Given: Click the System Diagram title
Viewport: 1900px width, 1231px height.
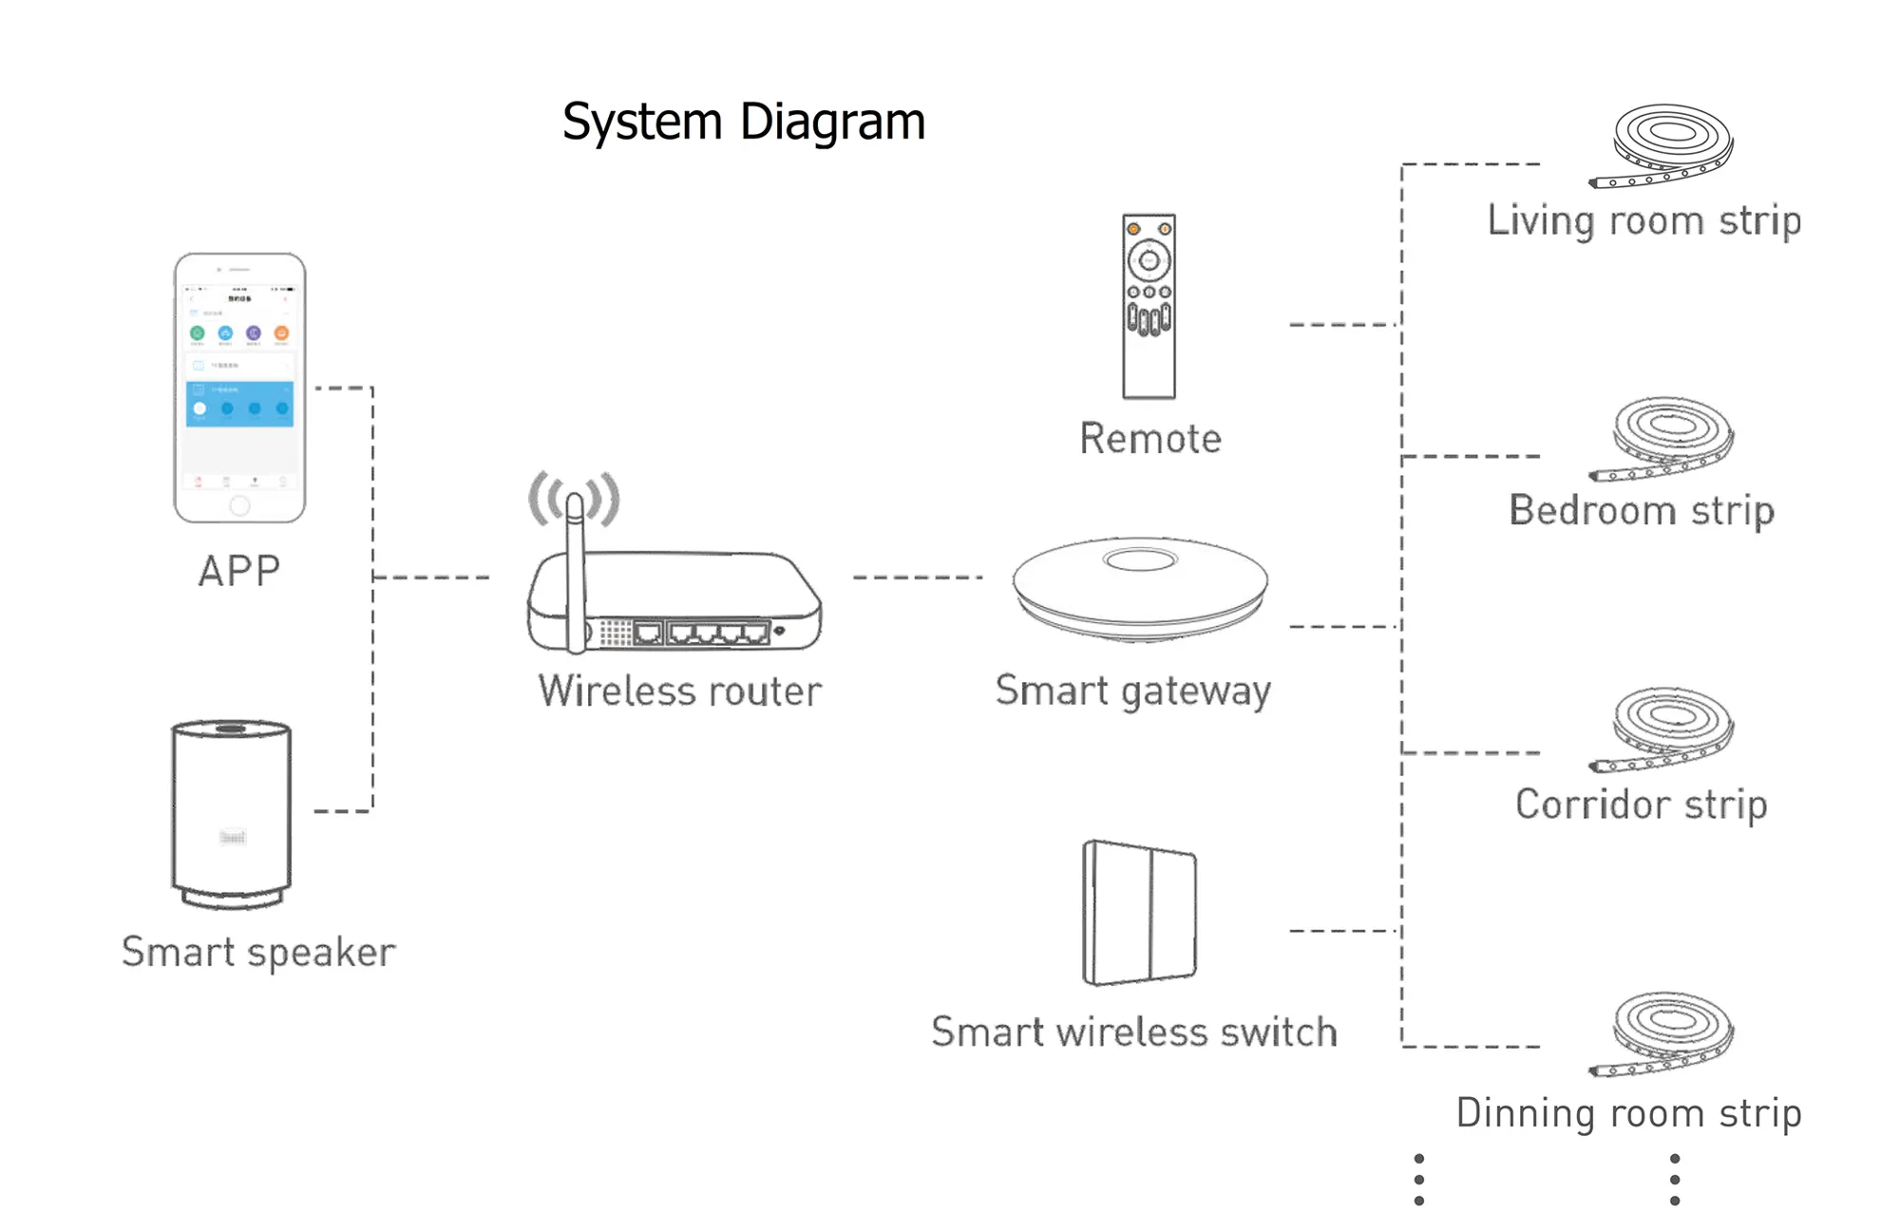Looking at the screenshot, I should coord(743,122).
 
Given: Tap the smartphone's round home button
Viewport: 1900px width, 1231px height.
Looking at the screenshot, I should coord(239,505).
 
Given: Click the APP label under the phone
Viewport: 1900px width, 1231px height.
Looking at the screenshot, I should coord(239,571).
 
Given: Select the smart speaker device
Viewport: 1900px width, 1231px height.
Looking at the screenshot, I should coord(232,813).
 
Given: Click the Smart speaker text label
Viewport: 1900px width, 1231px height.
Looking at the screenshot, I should coord(258,952).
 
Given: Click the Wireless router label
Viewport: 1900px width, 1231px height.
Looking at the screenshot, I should coord(679,691).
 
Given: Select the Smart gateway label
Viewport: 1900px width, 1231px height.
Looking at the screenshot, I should coord(1132,691).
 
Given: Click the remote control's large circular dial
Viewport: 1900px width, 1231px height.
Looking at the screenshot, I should coord(1149,259).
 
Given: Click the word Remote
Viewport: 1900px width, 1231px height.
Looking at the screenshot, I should coord(1150,439).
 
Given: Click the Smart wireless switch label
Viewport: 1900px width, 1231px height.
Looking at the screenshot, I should coord(1134,1032).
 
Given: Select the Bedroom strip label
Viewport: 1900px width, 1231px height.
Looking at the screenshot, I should coord(1642,511).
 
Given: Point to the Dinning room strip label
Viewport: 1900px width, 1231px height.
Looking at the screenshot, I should coord(1628,1113).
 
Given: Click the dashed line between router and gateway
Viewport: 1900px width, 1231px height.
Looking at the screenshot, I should coord(917,577).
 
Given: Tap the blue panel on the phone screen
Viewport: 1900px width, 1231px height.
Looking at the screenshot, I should coord(239,404).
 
